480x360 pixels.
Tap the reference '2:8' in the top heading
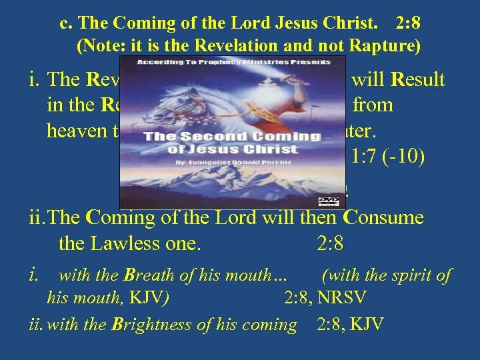pyautogui.click(x=407, y=24)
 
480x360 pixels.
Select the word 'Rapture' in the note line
pyautogui.click(x=387, y=47)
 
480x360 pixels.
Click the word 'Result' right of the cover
pyautogui.click(x=417, y=81)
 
